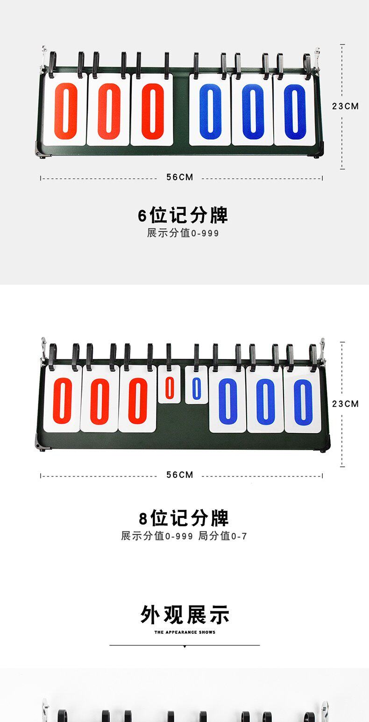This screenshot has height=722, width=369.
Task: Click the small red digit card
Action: pos(169,388)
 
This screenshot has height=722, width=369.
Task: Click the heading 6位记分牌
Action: pos(183,215)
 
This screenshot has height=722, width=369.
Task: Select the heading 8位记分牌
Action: pos(184,518)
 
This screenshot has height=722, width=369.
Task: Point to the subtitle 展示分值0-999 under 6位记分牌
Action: pos(183,233)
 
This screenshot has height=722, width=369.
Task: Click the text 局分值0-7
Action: pos(223,536)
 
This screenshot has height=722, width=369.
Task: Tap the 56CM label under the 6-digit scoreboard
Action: pos(180,177)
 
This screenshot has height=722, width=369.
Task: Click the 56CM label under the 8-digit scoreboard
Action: pos(180,475)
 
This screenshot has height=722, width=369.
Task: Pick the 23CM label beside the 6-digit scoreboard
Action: pos(346,106)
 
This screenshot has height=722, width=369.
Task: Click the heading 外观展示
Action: pos(185,615)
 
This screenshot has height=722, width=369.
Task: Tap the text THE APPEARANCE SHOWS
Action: pos(185,632)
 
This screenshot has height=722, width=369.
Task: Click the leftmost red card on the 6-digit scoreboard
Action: pos(65,111)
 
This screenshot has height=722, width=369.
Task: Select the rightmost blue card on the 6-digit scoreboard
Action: pos(295,111)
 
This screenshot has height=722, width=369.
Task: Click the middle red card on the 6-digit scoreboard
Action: pos(108,111)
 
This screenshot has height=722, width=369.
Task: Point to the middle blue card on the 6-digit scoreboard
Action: pos(252,111)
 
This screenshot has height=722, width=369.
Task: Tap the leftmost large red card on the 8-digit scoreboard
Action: pos(62,401)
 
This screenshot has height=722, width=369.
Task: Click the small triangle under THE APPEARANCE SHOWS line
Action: pos(184,647)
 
